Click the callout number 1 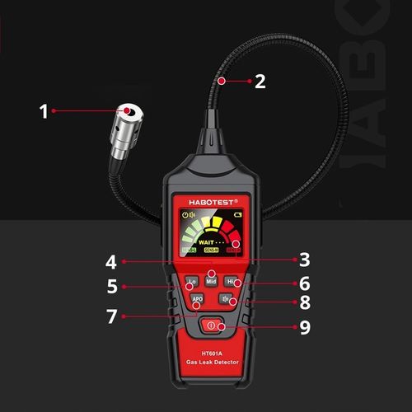(44, 110)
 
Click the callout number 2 (260, 81)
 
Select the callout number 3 (304, 260)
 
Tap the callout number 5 (111, 288)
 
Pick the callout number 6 (304, 283)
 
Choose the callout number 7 (111, 316)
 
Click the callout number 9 (304, 326)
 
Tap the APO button (197, 299)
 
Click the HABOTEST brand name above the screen (212, 201)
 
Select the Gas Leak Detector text (212, 363)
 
